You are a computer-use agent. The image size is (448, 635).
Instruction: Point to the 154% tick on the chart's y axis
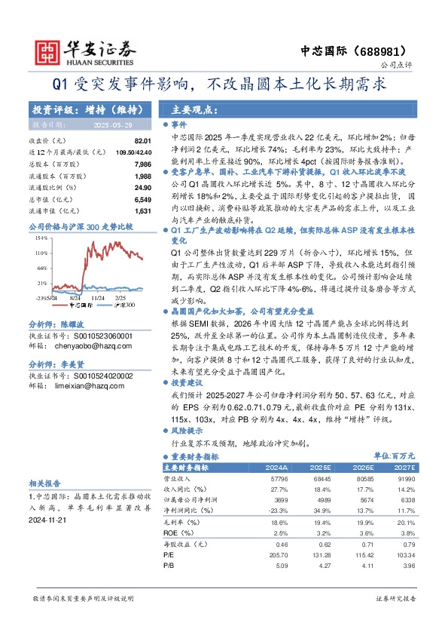[x=42, y=238]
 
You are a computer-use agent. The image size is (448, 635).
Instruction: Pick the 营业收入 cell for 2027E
[x=404, y=479]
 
